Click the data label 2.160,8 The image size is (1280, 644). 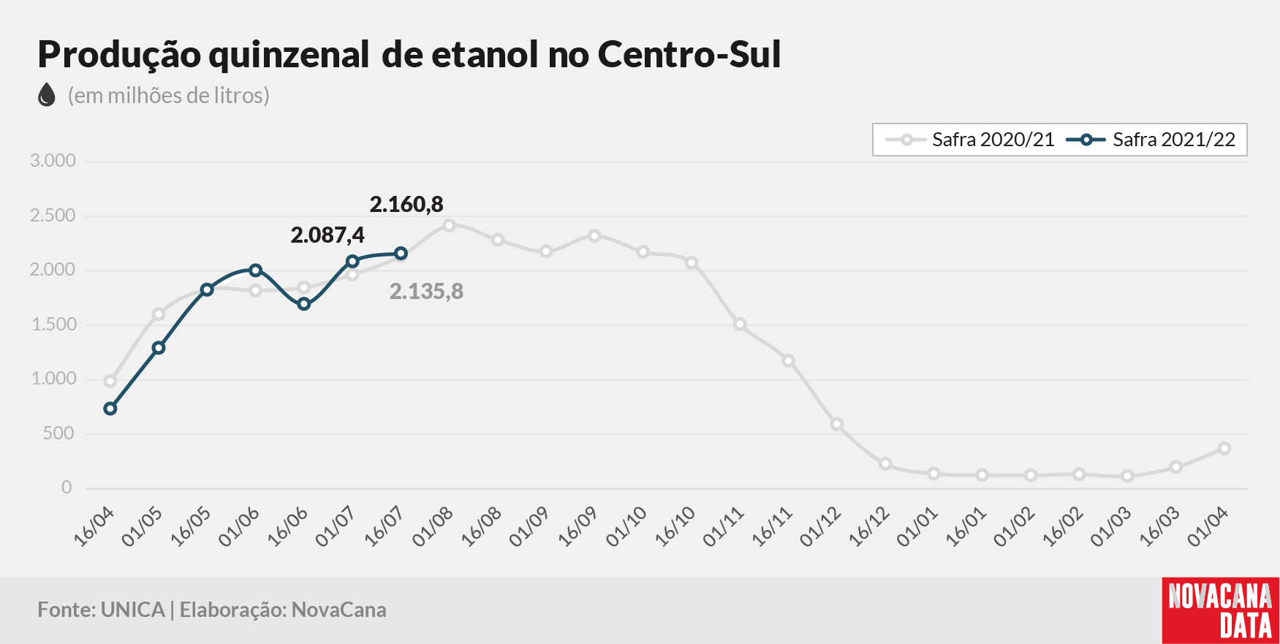(x=406, y=204)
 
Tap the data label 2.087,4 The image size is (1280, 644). (x=327, y=235)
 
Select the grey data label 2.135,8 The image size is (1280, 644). (x=426, y=292)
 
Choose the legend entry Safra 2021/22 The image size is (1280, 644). (x=1151, y=140)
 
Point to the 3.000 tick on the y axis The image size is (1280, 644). (x=53, y=161)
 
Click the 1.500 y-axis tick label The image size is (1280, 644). (x=53, y=325)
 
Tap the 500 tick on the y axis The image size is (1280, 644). (x=58, y=433)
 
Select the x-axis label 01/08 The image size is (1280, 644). (x=432, y=527)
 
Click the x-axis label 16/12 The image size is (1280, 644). (x=868, y=527)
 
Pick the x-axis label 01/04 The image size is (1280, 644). (x=1208, y=527)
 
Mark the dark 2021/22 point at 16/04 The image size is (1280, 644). (x=110, y=409)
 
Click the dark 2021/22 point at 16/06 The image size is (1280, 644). (x=304, y=304)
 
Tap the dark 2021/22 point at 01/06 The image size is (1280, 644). (x=255, y=270)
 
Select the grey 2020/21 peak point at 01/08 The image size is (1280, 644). (x=450, y=225)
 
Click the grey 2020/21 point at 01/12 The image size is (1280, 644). (x=837, y=425)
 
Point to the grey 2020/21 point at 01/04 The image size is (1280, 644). (x=1224, y=449)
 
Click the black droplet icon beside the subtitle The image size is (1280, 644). (x=47, y=95)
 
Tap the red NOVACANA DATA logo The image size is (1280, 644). (x=1220, y=611)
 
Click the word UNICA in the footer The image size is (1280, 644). (x=133, y=610)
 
